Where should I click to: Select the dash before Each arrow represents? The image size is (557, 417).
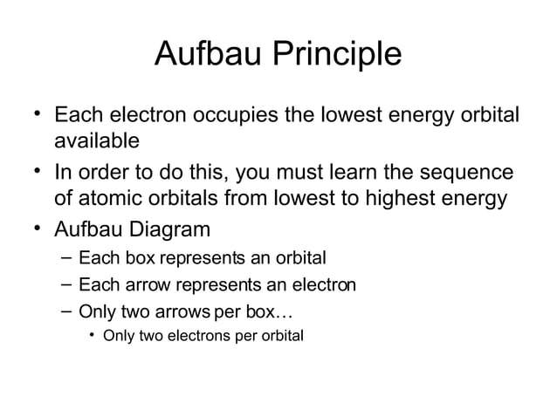[67, 284]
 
